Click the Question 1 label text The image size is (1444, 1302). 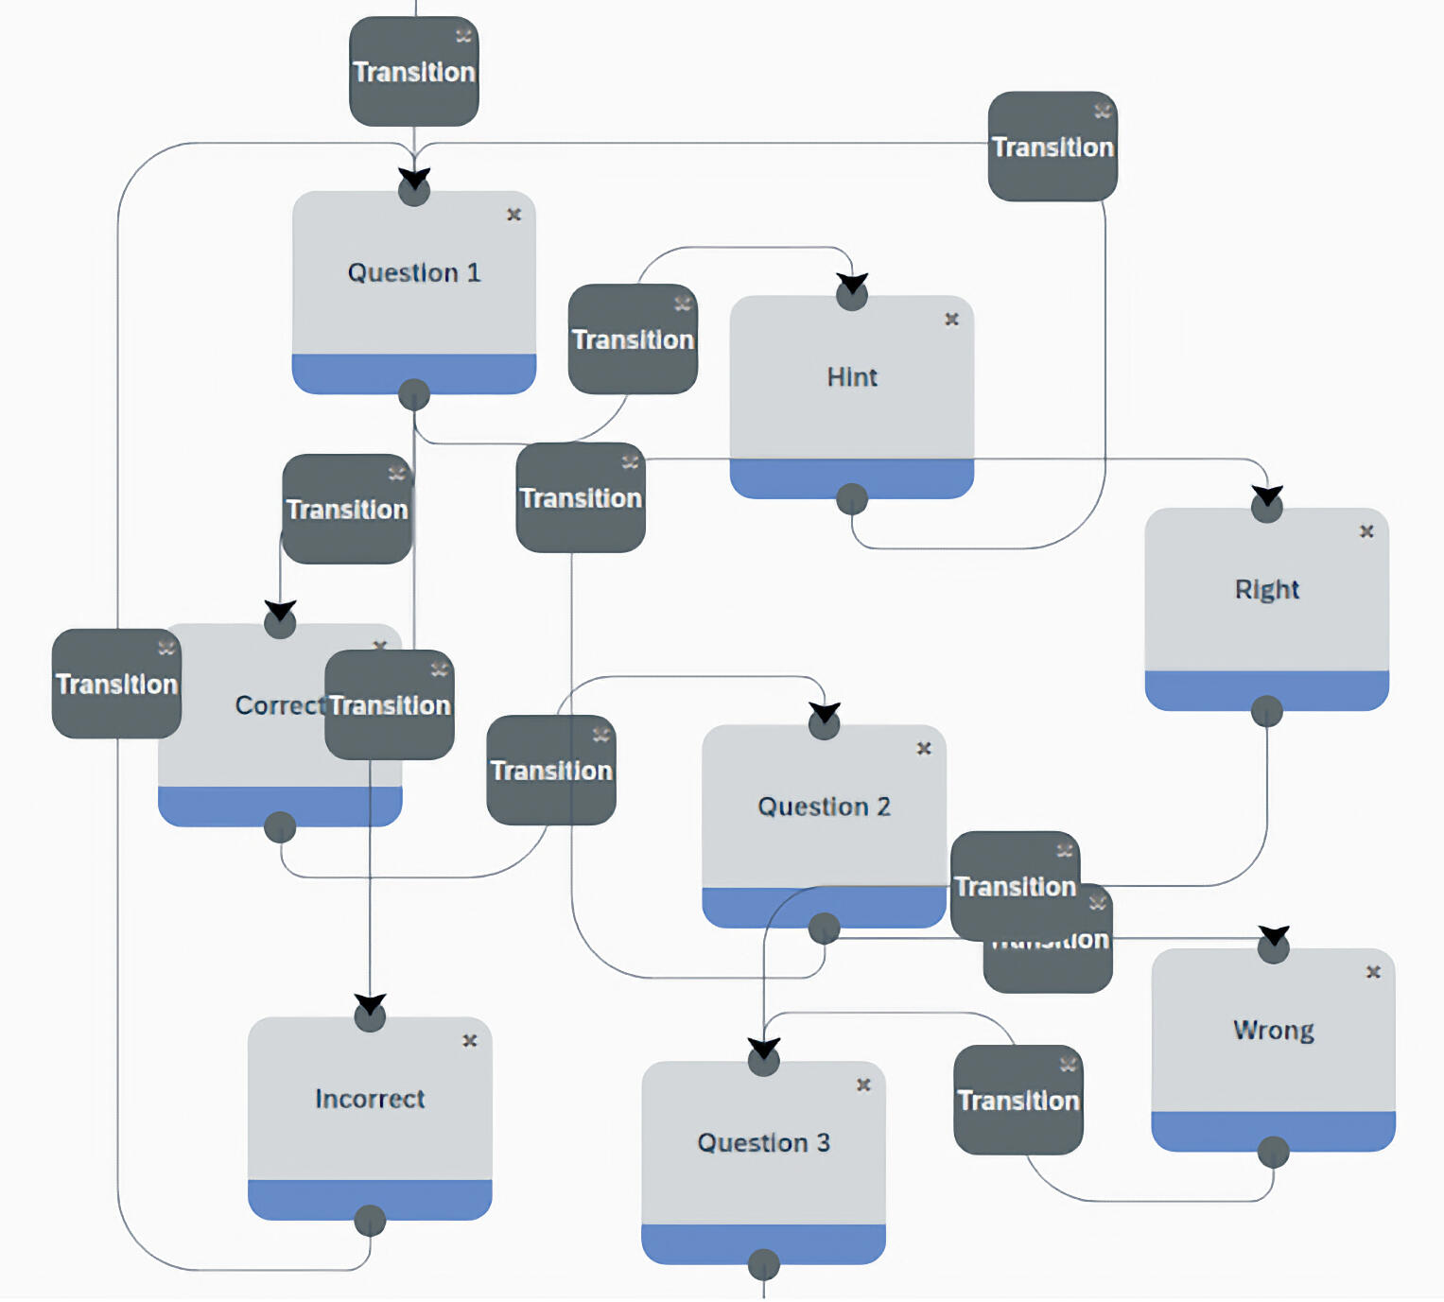tap(414, 273)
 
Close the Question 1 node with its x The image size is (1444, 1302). tap(513, 215)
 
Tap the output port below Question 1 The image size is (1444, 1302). tap(414, 394)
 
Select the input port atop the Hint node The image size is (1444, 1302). tap(852, 295)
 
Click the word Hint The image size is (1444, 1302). tap(852, 377)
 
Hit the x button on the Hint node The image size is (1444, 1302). tap(951, 320)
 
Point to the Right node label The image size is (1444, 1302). tap(1266, 590)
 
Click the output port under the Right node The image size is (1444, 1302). tap(1266, 711)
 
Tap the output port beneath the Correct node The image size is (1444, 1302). tap(280, 827)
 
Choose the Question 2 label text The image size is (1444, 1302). tap(824, 807)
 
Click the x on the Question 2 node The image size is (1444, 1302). tap(924, 749)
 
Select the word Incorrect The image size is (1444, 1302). tap(370, 1099)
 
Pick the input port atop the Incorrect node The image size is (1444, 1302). tap(370, 1016)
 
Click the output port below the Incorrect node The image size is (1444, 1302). tap(370, 1221)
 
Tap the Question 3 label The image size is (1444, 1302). tap(763, 1143)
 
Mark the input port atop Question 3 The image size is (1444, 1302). tap(763, 1061)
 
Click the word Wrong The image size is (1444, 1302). tap(1273, 1031)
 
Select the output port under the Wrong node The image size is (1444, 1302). tap(1273, 1152)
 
